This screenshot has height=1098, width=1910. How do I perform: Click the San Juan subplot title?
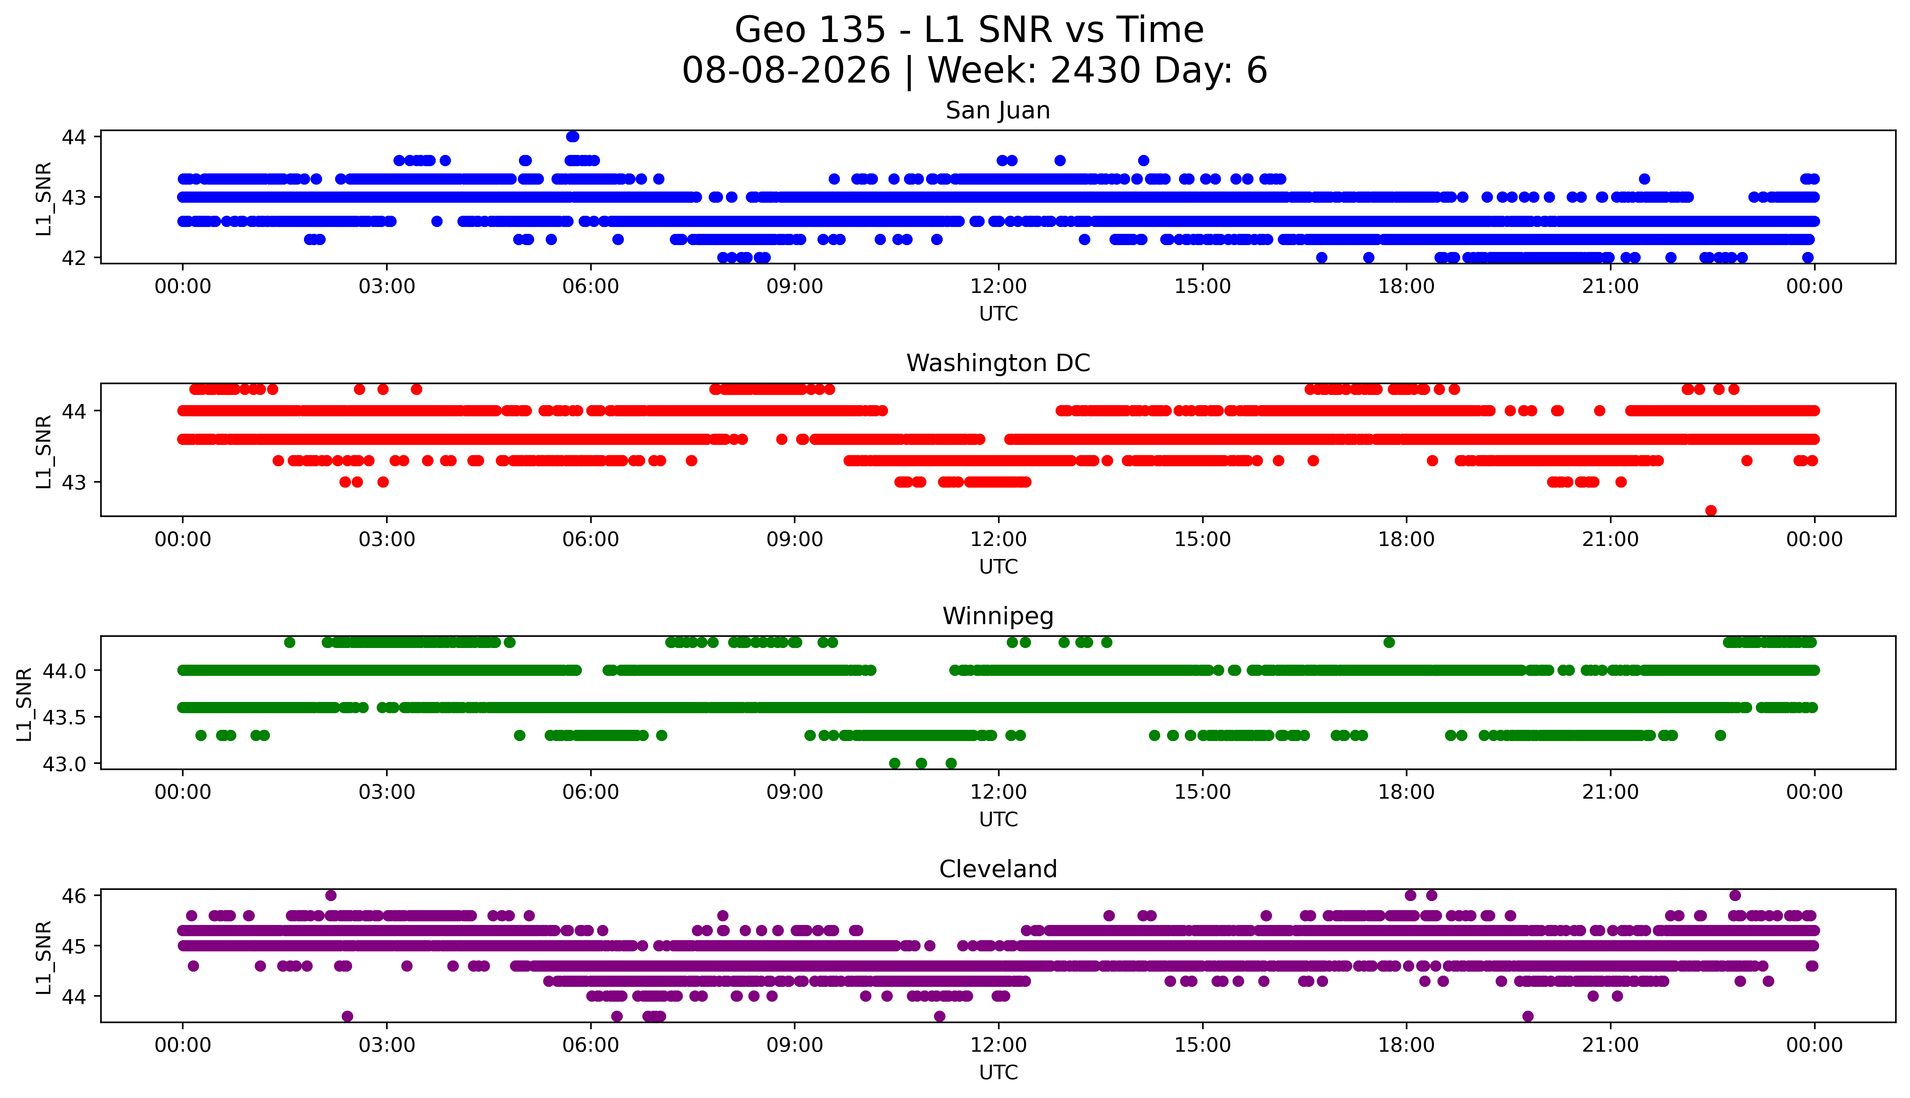998,111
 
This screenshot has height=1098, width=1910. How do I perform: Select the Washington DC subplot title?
998,363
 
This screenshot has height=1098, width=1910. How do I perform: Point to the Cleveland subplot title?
998,870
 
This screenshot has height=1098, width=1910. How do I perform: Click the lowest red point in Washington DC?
1711,510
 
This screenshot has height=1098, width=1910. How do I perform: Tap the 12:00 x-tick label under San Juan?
998,287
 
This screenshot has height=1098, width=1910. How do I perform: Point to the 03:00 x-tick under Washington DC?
387,539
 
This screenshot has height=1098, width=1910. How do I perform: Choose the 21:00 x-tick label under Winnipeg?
1610,792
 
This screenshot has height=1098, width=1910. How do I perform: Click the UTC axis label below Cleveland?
998,1072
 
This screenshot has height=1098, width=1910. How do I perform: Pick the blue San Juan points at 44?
573,136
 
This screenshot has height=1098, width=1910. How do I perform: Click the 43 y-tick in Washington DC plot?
74,482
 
